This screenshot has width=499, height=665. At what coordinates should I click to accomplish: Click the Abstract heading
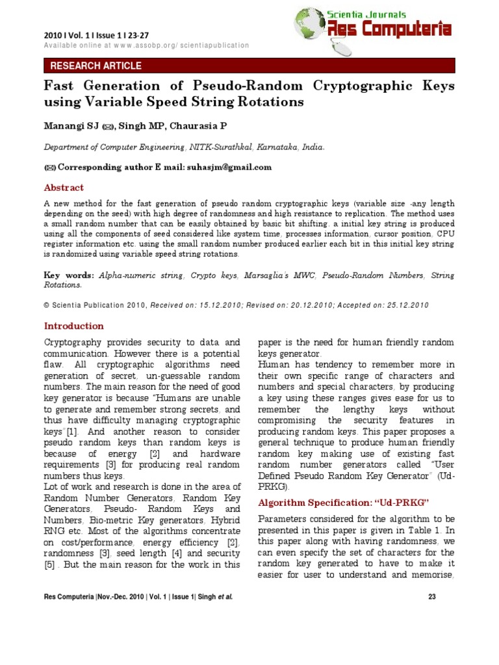click(x=64, y=188)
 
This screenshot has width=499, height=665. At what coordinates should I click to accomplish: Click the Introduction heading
click(x=73, y=326)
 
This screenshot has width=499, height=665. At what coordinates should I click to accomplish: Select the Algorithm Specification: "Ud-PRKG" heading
click(x=335, y=503)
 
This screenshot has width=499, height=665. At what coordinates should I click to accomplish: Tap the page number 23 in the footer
click(x=431, y=596)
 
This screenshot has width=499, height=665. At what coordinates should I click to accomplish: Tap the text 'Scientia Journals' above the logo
click(x=366, y=14)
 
